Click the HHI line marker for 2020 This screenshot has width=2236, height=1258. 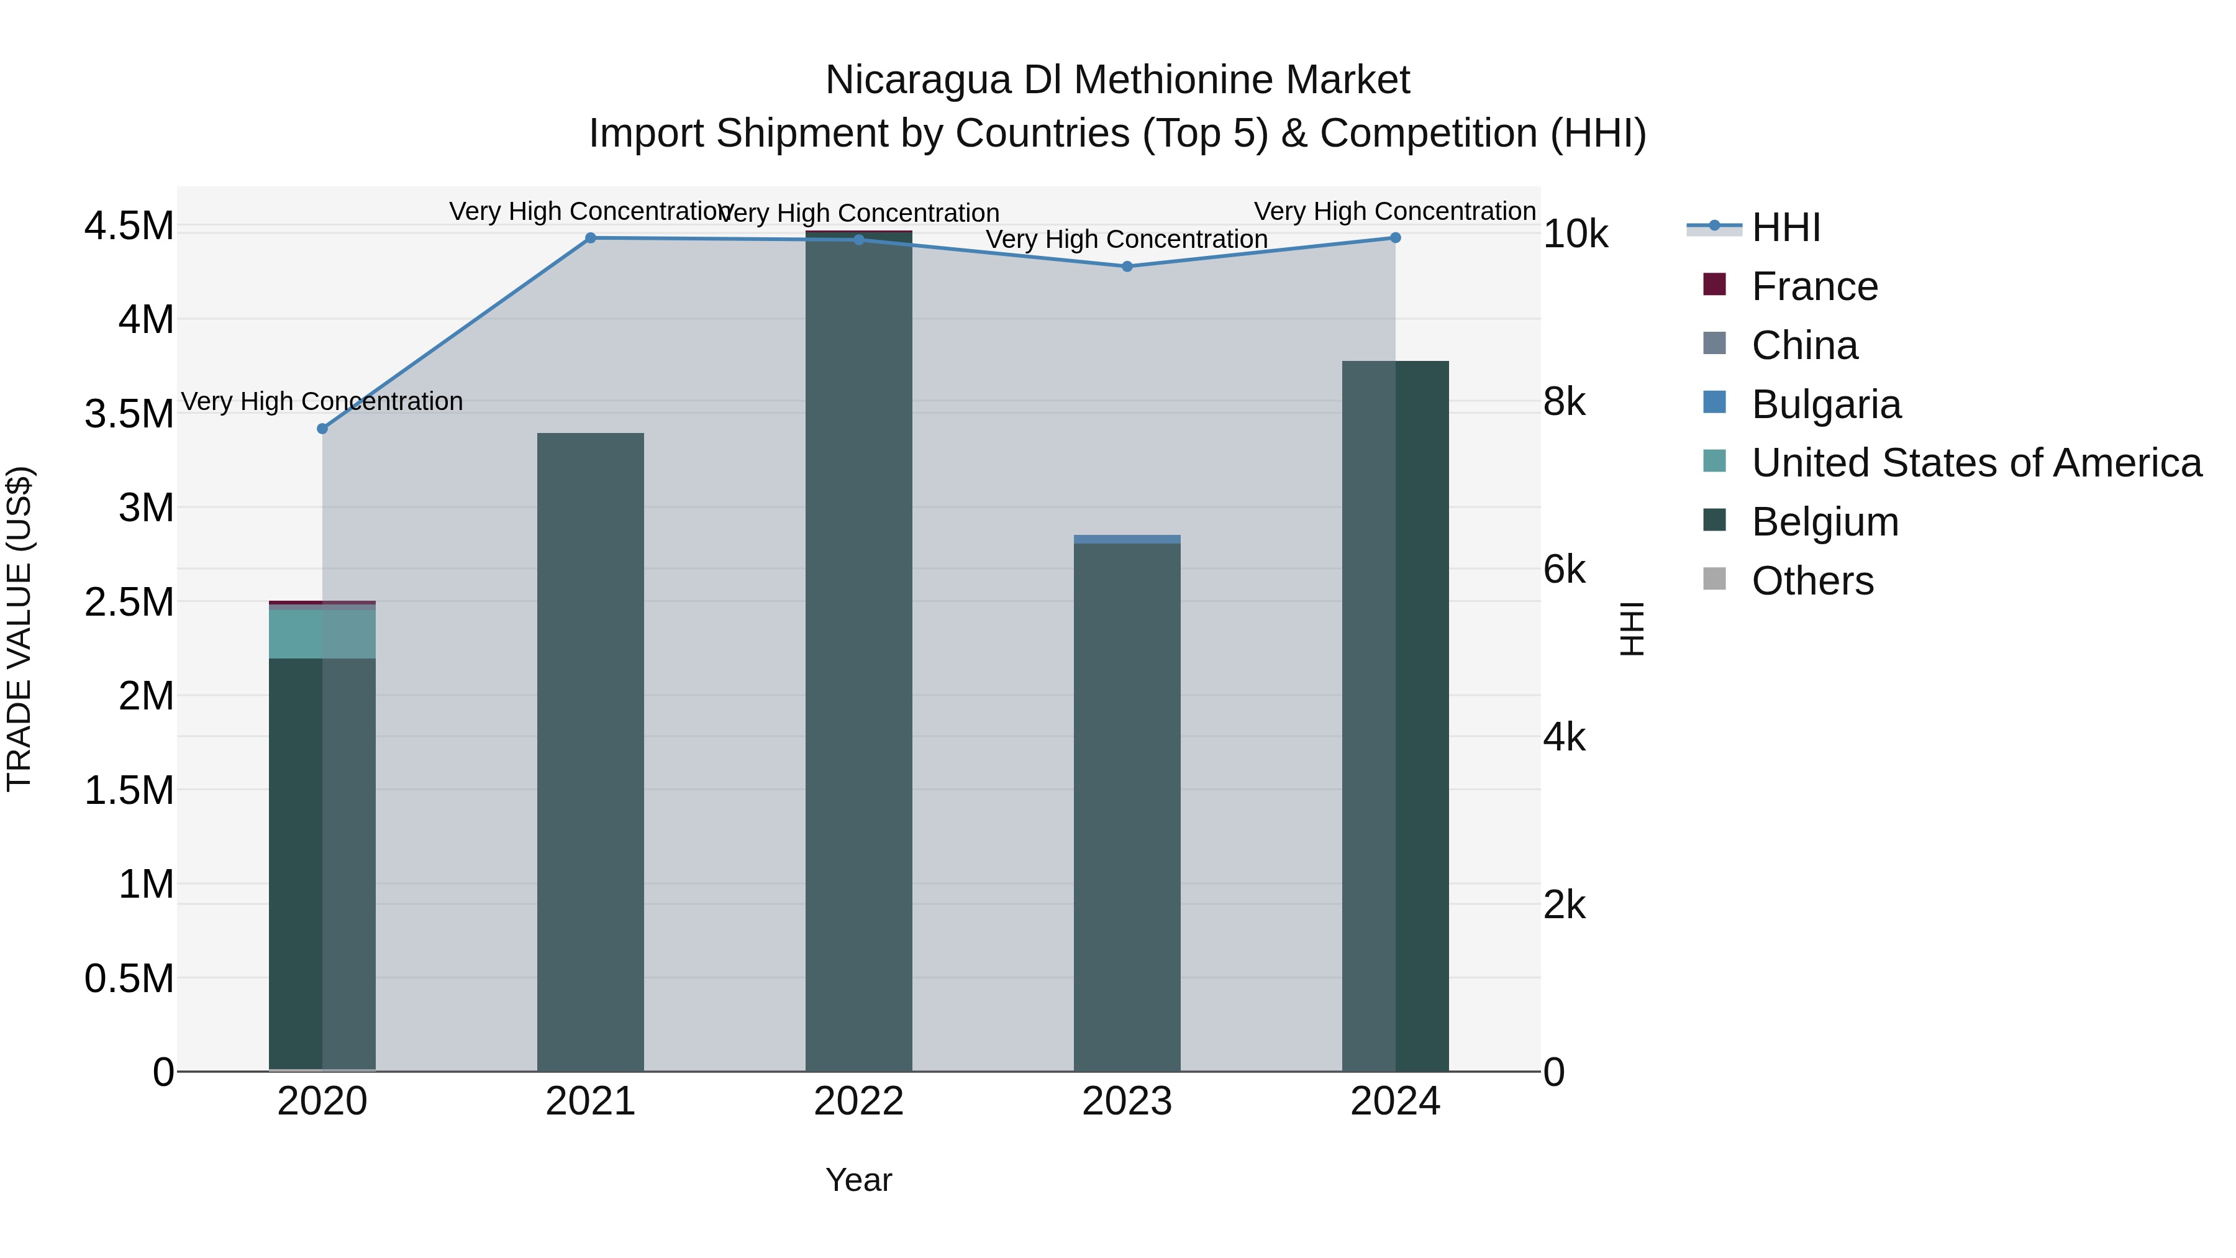(322, 429)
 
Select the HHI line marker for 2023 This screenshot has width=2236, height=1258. (1127, 267)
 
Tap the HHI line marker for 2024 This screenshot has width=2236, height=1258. (1395, 238)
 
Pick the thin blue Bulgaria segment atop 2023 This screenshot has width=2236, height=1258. (1127, 539)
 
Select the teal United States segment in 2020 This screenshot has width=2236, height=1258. (322, 634)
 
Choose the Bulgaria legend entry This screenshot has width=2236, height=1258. (1825, 404)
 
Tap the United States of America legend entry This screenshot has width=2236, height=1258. (1976, 463)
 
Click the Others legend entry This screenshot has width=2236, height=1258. (1812, 581)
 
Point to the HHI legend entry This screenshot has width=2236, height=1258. (1786, 227)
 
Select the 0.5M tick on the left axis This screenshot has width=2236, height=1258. (129, 978)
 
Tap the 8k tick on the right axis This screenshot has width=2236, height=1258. (1564, 402)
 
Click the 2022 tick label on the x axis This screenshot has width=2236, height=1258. (858, 1101)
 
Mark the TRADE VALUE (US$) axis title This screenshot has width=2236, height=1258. (19, 629)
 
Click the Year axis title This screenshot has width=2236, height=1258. (858, 1180)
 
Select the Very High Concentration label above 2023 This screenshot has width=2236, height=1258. (1127, 239)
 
